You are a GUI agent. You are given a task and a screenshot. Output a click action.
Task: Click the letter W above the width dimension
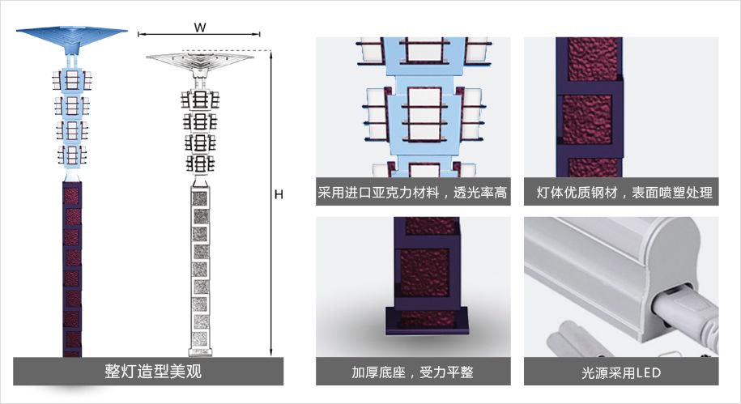coord(199,27)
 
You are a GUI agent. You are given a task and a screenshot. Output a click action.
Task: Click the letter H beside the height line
coord(279,195)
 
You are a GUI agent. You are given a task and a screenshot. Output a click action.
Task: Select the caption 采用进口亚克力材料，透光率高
coord(413,193)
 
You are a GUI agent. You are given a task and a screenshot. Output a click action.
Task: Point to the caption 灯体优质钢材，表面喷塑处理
coord(621,193)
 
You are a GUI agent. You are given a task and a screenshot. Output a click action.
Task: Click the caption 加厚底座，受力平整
coord(413,372)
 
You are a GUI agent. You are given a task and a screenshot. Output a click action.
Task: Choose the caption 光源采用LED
coord(621,372)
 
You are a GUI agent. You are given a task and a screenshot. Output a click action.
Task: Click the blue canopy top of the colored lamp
coord(73,36)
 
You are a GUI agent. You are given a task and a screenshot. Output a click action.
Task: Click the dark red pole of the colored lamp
coord(73,267)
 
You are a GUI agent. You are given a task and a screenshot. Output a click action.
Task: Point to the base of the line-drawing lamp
coord(199,352)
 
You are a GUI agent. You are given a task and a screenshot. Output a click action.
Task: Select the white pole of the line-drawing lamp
coord(199,267)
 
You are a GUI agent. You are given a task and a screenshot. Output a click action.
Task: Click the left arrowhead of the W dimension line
coord(141,35)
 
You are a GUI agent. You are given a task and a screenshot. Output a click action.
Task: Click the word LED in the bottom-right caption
coord(648,372)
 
